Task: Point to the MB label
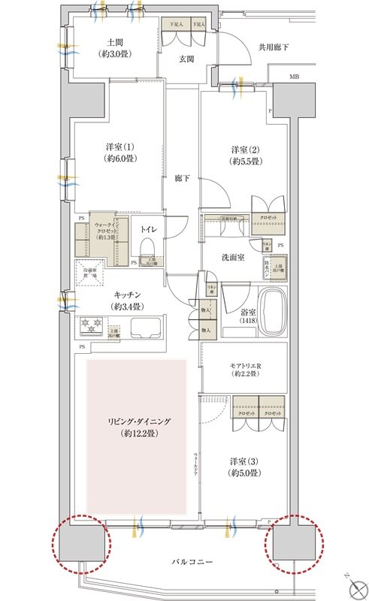[295, 77]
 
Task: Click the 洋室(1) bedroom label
[115, 154]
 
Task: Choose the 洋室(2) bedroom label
[245, 155]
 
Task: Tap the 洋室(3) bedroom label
[245, 466]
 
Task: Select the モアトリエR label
[245, 368]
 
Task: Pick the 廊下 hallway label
[182, 178]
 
